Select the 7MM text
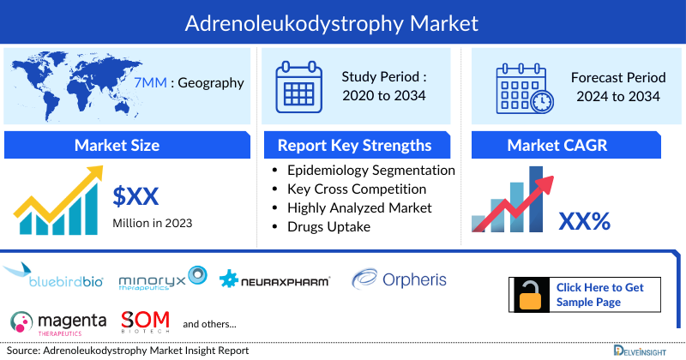coord(155,83)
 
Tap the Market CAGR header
coord(557,145)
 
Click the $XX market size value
coord(135,197)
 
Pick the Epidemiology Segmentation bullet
coord(371,170)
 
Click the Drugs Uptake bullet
coord(329,226)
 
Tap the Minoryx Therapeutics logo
coord(163,279)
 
